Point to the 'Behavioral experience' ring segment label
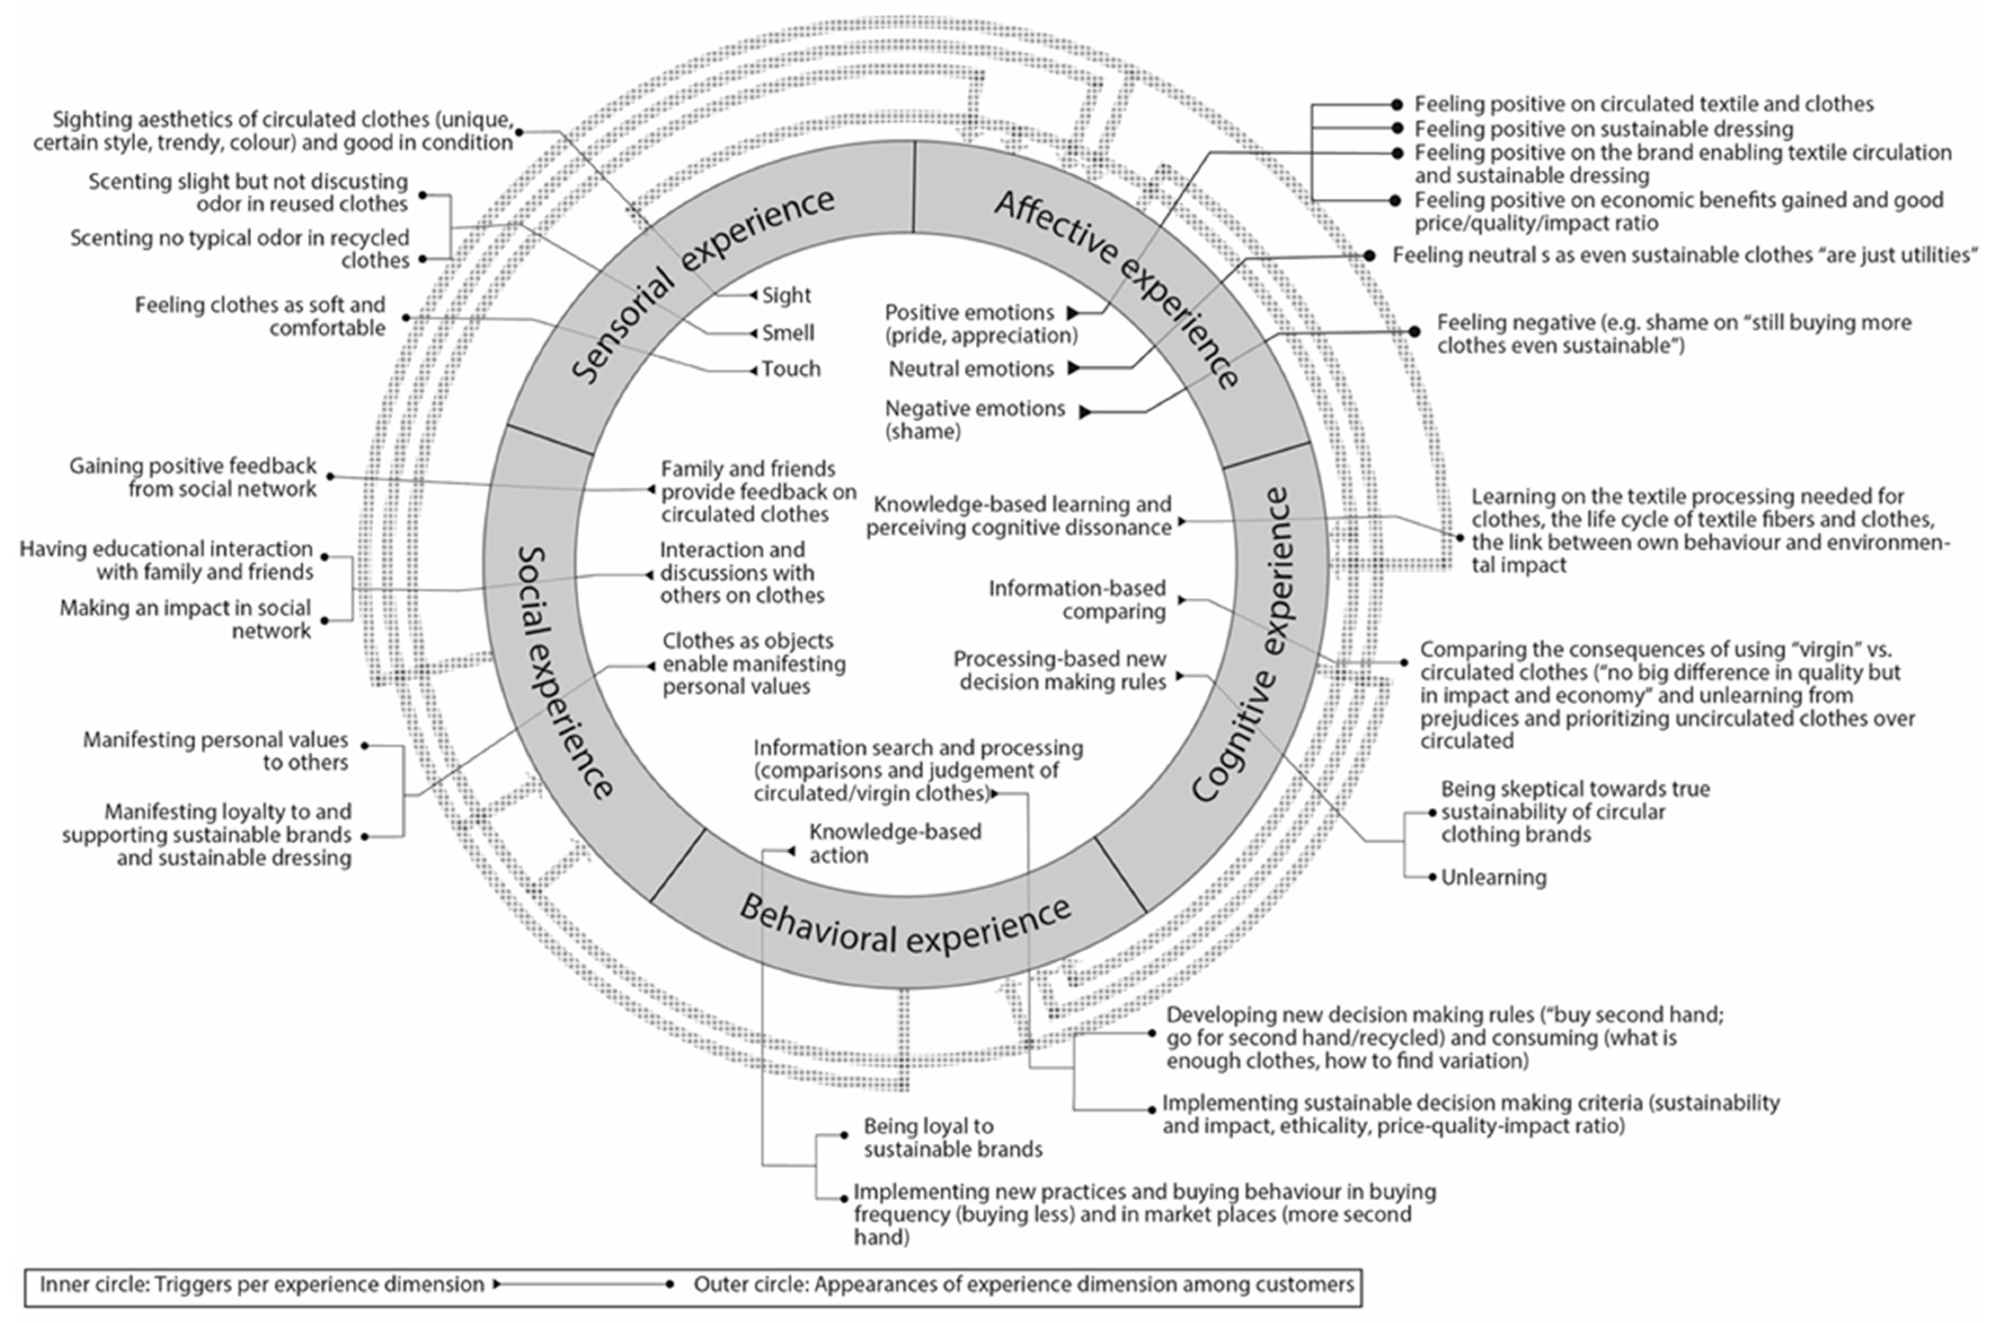(x=905, y=924)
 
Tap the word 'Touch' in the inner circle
(x=790, y=368)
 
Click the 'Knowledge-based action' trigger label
(x=894, y=843)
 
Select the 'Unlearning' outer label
(x=1494, y=878)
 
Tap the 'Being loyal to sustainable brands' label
(x=952, y=1137)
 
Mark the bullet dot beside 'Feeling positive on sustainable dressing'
(x=1397, y=129)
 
